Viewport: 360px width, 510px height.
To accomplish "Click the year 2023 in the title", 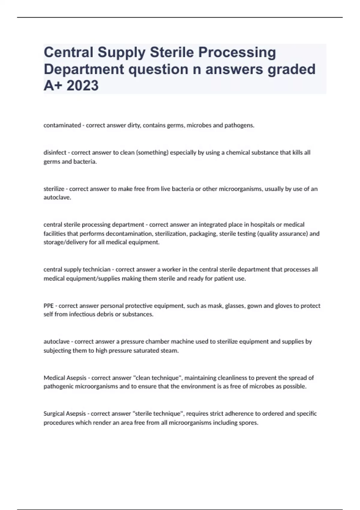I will (x=82, y=85).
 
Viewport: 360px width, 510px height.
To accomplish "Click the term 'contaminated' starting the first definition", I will (x=62, y=125).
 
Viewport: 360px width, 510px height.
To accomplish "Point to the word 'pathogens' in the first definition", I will (x=241, y=125).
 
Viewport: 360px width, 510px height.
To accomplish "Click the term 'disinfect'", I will (x=55, y=152).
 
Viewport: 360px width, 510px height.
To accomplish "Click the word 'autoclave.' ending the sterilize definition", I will (x=57, y=198).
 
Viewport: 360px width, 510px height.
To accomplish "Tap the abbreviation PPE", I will (x=49, y=306).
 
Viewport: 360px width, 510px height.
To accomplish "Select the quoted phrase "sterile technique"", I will (x=159, y=414).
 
